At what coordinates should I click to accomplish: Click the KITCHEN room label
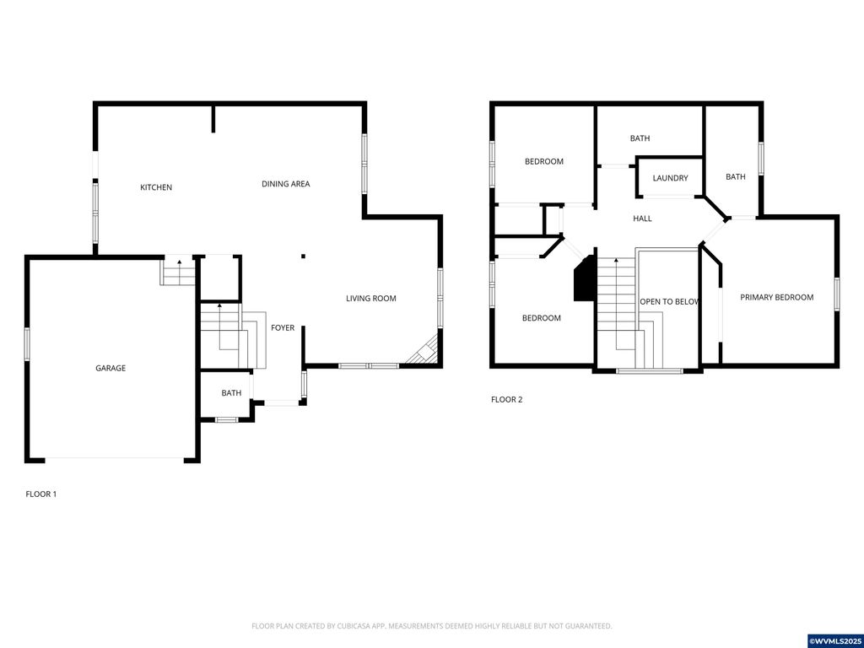(156, 187)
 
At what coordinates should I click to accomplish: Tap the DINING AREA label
(285, 184)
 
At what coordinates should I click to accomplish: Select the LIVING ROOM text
(370, 299)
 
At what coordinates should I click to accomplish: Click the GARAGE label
(111, 368)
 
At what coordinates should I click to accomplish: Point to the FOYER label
(283, 327)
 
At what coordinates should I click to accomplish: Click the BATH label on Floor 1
(231, 393)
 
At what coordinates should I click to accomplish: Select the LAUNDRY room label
(670, 178)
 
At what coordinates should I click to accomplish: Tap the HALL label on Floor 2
(642, 219)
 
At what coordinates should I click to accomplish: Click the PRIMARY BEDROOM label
(776, 297)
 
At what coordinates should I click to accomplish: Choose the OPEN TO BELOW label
(669, 301)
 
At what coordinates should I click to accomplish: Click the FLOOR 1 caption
(41, 494)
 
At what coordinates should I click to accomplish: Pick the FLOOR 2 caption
(507, 399)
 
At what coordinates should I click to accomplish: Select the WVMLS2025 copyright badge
(835, 641)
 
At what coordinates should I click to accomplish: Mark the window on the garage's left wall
(27, 344)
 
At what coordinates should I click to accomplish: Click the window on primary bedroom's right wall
(838, 294)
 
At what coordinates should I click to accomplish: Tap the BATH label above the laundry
(640, 138)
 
